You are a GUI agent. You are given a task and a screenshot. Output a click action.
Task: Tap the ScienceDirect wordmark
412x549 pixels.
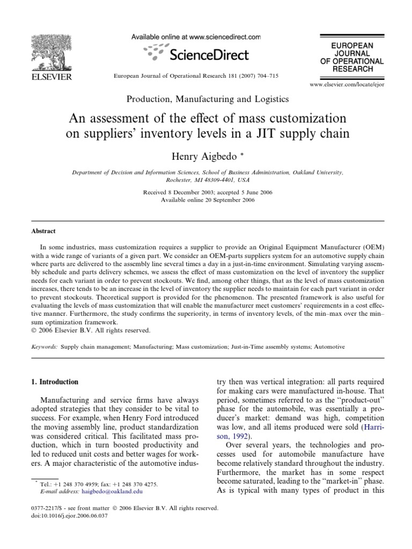click(x=209, y=55)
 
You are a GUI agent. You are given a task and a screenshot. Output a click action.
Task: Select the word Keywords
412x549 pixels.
click(x=43, y=347)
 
